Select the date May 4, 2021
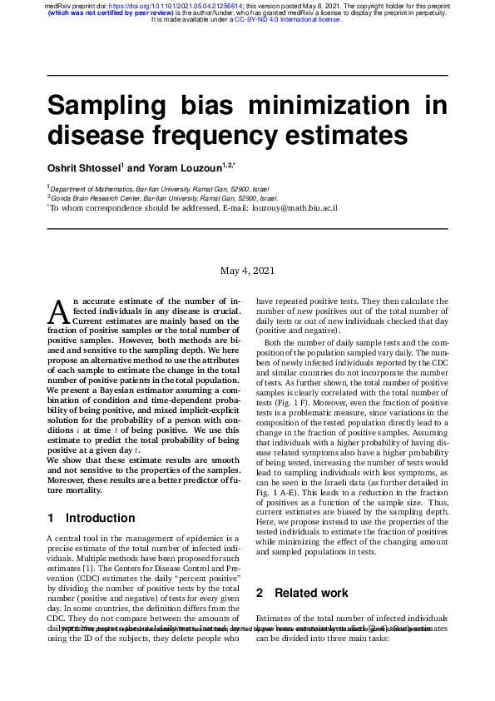tap(247, 271)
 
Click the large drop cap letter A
tap(58, 311)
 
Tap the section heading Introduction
tap(100, 518)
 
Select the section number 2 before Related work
tap(260, 593)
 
